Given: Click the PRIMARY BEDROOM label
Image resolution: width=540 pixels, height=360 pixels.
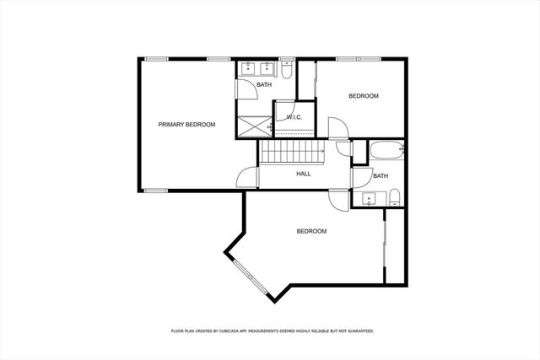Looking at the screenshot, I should [x=186, y=125].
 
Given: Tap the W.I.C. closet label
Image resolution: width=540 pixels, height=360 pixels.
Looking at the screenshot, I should [x=294, y=117].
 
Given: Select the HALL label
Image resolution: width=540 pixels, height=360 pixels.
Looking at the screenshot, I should [x=304, y=174].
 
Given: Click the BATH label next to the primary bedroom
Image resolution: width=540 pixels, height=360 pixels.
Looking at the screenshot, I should [x=264, y=84].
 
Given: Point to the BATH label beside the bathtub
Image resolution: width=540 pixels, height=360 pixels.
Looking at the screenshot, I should [x=381, y=176].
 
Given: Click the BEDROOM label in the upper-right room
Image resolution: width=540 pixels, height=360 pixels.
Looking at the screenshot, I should [x=364, y=96].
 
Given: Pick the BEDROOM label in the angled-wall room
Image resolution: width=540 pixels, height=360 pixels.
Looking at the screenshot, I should [x=311, y=231].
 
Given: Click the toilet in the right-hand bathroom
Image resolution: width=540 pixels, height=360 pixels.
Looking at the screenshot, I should [x=394, y=199].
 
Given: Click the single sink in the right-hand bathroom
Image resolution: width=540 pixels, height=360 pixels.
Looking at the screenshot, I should [x=369, y=199].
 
